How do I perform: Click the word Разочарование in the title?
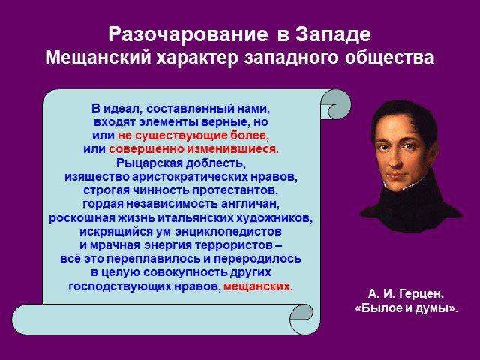point(188,34)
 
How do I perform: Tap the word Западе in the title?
point(333,35)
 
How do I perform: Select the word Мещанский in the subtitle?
point(98,58)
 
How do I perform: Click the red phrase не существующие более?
point(193,136)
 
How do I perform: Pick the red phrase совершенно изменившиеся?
point(194,149)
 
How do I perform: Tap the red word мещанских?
point(258,286)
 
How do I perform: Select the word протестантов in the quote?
point(235,190)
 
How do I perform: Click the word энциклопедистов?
point(228,232)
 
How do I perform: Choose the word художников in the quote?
point(274,218)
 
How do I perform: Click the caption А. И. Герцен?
point(406,294)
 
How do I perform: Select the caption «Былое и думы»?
point(406,307)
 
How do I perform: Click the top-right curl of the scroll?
point(335,104)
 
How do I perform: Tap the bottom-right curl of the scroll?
point(301,319)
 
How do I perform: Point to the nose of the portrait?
point(397,160)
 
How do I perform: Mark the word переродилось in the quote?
point(257,259)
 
